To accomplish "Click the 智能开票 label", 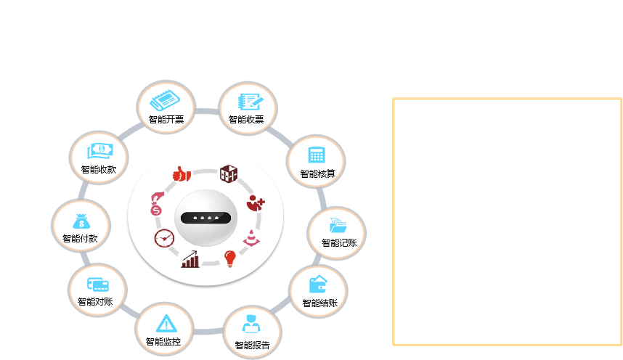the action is (166, 119).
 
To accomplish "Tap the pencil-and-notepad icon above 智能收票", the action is (251, 102).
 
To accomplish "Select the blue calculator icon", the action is (317, 155).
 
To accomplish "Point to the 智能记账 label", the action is (339, 242).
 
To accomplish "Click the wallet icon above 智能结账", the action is (318, 284).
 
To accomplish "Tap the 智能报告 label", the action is (252, 345).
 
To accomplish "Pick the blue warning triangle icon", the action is (166, 324).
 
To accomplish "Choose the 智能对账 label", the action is (95, 302).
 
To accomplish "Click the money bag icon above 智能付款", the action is (81, 221).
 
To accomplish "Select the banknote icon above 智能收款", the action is (100, 151).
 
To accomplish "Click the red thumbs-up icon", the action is (182, 173).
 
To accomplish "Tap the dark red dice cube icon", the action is (229, 173).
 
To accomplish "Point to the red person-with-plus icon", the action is (255, 203).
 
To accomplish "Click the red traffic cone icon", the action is (251, 237).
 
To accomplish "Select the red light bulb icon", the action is (230, 258).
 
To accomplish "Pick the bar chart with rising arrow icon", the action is (190, 259).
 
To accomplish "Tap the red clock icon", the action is (164, 238).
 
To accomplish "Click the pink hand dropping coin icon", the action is (157, 203).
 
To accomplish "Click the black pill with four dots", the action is (205, 218).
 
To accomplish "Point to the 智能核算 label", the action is (317, 173).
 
